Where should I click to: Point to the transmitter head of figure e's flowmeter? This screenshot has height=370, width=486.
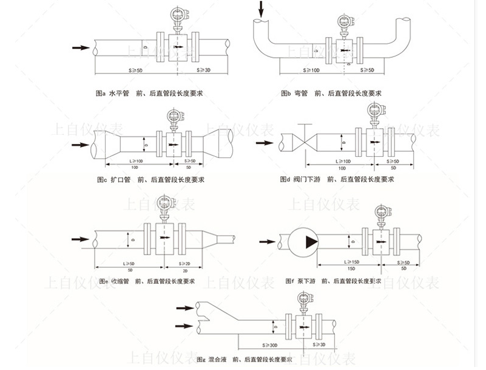tap(163, 202)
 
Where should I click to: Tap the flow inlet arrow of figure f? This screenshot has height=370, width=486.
tap(266, 242)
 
